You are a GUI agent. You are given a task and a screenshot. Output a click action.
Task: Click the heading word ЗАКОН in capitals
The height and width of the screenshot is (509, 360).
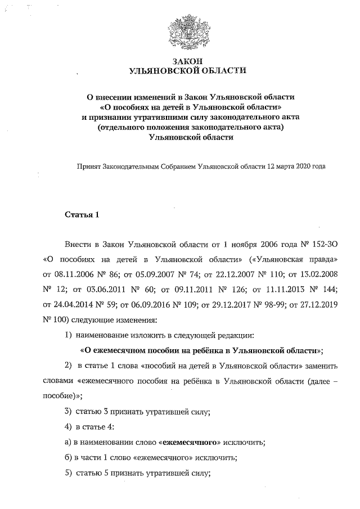coord(187,61)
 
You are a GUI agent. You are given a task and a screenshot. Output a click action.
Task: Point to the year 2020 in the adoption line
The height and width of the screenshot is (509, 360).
coord(303,166)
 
